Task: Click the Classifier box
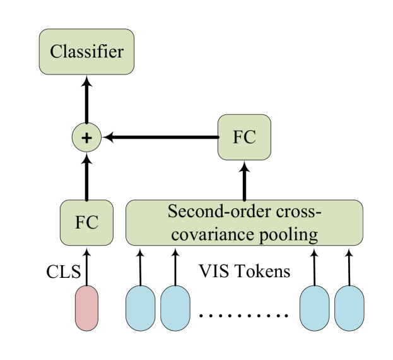[86, 52]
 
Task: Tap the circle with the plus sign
[86, 138]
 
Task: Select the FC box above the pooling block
[244, 137]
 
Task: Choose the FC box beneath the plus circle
[86, 223]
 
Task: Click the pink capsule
[87, 308]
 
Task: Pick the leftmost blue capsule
[140, 308]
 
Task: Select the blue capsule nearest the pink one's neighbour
[175, 308]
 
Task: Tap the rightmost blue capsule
[349, 308]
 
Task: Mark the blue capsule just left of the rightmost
[314, 308]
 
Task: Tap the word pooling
[288, 236]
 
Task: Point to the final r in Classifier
[120, 52]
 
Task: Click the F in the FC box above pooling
[238, 137]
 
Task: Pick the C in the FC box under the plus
[93, 223]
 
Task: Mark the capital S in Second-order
[172, 212]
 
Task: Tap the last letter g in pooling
[312, 237]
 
